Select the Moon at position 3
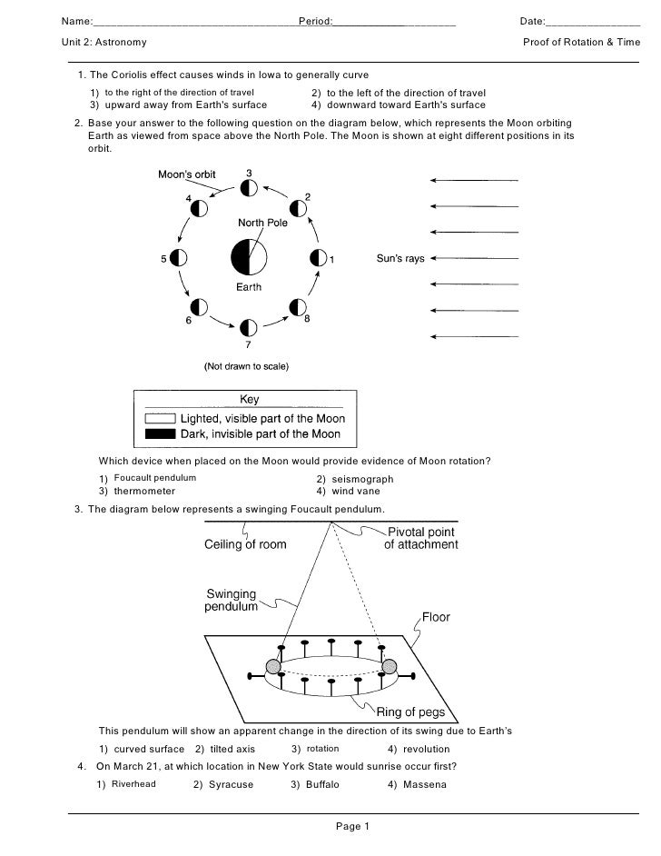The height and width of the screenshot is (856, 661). click(248, 188)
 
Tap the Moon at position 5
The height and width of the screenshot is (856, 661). click(179, 258)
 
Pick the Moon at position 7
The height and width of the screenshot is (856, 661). click(248, 327)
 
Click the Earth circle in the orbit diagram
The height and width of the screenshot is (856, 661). click(248, 258)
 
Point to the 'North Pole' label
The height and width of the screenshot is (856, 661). click(263, 223)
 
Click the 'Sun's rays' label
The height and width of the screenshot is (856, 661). click(400, 259)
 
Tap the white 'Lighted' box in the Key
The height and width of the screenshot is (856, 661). click(160, 419)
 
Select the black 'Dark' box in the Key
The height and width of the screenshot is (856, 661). click(160, 434)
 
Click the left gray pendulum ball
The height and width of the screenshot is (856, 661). click(273, 668)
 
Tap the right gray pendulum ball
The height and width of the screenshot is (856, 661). click(391, 668)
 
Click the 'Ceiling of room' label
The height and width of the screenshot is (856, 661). click(244, 545)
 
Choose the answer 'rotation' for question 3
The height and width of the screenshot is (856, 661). click(322, 749)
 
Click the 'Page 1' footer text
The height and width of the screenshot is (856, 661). click(350, 826)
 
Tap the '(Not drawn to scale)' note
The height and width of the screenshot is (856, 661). click(245, 368)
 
